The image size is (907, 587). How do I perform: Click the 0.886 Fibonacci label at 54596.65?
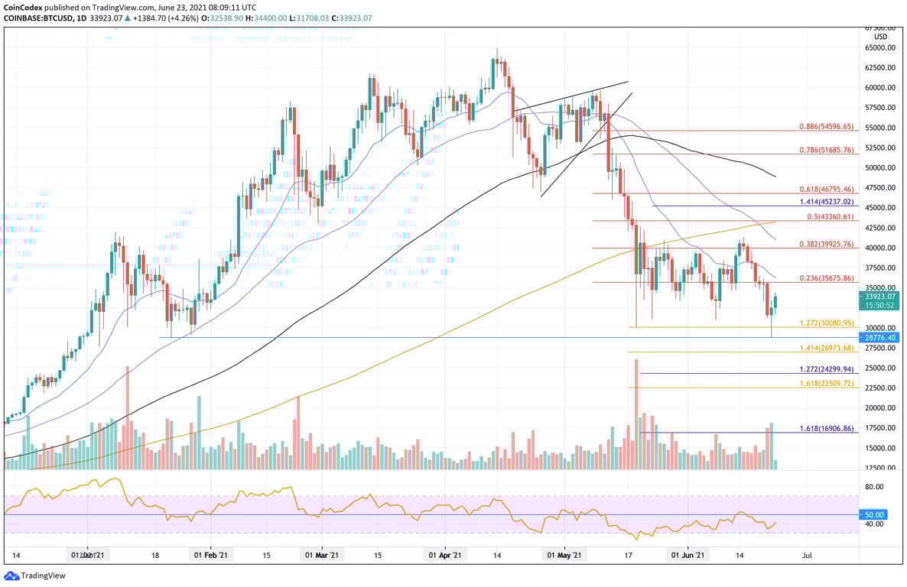click(825, 126)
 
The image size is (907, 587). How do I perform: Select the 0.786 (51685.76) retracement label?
click(825, 150)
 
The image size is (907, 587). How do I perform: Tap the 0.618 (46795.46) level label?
click(825, 189)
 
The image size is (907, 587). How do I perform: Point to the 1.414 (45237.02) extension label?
click(825, 202)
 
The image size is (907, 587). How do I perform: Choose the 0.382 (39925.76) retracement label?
click(825, 244)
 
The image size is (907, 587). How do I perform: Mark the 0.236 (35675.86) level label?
click(825, 278)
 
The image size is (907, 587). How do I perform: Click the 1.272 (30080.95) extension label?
click(825, 323)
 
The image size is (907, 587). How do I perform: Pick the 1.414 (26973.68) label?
click(825, 348)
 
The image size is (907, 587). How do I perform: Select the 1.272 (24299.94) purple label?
click(825, 369)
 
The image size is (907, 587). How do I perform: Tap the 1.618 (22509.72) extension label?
click(825, 384)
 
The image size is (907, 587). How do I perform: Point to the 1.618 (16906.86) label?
click(825, 429)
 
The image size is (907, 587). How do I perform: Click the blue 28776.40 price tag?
click(880, 337)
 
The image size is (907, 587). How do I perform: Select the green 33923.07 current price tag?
click(880, 296)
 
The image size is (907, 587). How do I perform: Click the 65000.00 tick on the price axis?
click(880, 47)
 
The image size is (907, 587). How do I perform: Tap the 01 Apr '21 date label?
click(444, 556)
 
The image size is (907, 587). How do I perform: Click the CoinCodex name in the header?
click(23, 7)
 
